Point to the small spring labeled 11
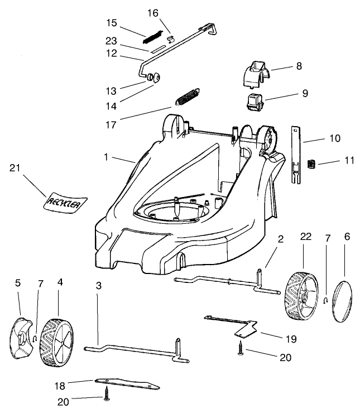tap(313, 163)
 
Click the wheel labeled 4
tap(57, 342)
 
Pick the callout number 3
tap(99, 286)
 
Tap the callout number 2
tap(281, 239)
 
